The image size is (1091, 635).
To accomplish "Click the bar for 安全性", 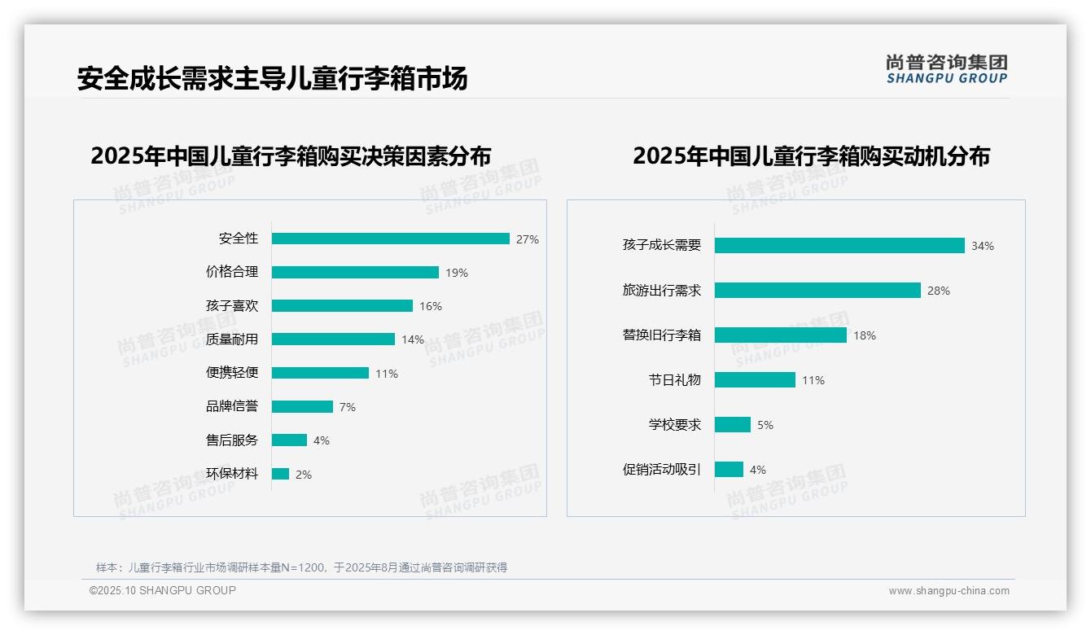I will (x=391, y=239).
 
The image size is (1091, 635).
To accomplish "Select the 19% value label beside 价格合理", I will (x=457, y=273).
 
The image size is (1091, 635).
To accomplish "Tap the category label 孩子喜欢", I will (x=232, y=306).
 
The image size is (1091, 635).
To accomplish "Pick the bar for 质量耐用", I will (x=333, y=339).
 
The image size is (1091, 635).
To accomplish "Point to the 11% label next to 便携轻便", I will (x=387, y=374).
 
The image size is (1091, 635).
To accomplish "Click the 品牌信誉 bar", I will (x=302, y=406).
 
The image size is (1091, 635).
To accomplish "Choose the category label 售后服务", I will (x=232, y=440).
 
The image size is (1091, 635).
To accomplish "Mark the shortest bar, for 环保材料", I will (x=280, y=474).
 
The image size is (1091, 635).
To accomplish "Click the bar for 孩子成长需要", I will (x=839, y=246).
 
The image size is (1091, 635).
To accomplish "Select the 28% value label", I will (x=939, y=291).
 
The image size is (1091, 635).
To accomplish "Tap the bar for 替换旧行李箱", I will (x=781, y=335).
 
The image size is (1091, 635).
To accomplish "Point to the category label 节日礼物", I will (x=675, y=380).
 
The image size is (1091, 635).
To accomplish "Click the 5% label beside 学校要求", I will (x=765, y=425).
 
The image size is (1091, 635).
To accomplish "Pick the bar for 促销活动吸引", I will (x=729, y=470).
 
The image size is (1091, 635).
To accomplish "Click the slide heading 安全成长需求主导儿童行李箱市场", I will (x=272, y=79).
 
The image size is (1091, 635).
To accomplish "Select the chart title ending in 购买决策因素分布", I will (x=291, y=155).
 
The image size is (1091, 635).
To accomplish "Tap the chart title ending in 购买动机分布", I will (x=811, y=155).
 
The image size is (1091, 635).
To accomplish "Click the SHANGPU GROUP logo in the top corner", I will (x=946, y=69).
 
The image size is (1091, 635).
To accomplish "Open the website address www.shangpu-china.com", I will (x=949, y=591).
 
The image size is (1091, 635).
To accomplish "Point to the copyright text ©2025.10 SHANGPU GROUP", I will (x=163, y=590).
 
